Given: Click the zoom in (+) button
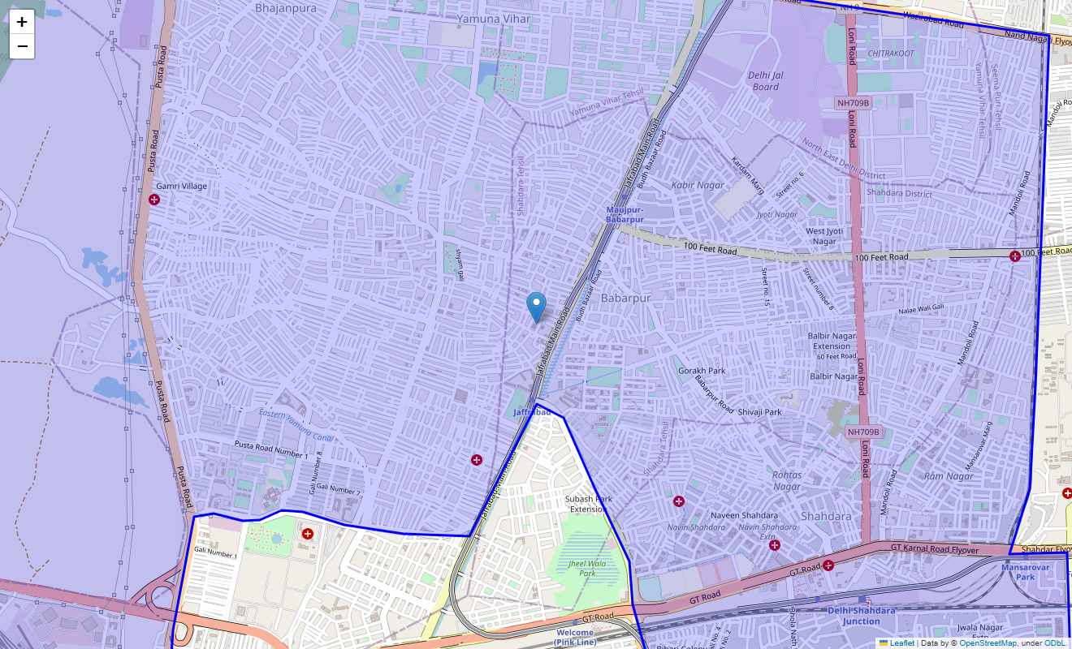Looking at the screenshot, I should click(x=22, y=22).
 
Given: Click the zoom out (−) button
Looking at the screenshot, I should click(x=22, y=46).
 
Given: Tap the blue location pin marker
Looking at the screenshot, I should click(x=536, y=307).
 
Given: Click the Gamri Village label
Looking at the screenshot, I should click(x=182, y=187).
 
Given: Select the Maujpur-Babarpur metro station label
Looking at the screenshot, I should click(x=625, y=215).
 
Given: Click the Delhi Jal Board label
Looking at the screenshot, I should click(x=765, y=81).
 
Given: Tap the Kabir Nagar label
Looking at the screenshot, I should click(x=698, y=186).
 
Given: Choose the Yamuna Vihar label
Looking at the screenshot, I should click(x=493, y=19).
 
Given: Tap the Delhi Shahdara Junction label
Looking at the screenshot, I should click(x=861, y=616).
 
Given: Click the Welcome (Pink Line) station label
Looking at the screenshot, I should click(x=576, y=637).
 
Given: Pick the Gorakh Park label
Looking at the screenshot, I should click(x=702, y=371).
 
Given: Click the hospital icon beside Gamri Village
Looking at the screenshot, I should click(x=154, y=200).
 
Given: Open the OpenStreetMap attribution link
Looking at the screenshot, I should click(x=988, y=643).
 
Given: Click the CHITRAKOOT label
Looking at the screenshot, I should click(x=891, y=54).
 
